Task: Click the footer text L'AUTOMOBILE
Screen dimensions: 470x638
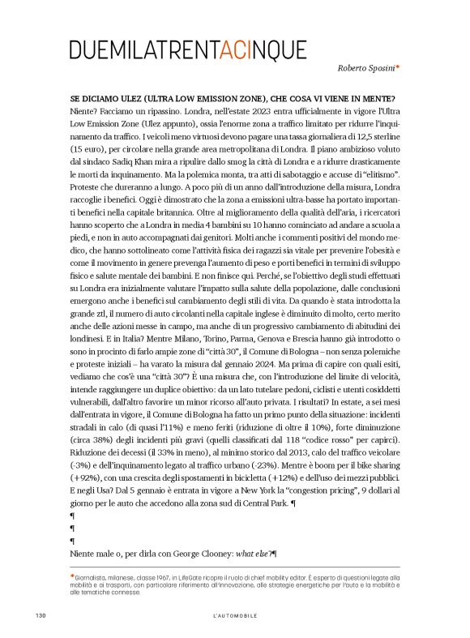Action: (235, 616)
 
